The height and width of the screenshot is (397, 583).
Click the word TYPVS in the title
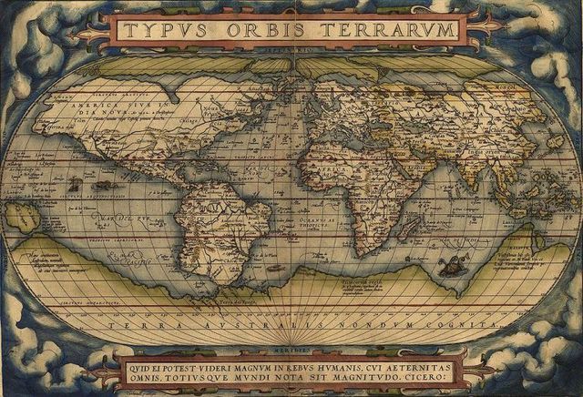(x=161, y=30)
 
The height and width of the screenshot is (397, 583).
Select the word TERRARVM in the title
(x=383, y=30)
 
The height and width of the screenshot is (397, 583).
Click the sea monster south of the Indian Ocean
(x=446, y=266)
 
